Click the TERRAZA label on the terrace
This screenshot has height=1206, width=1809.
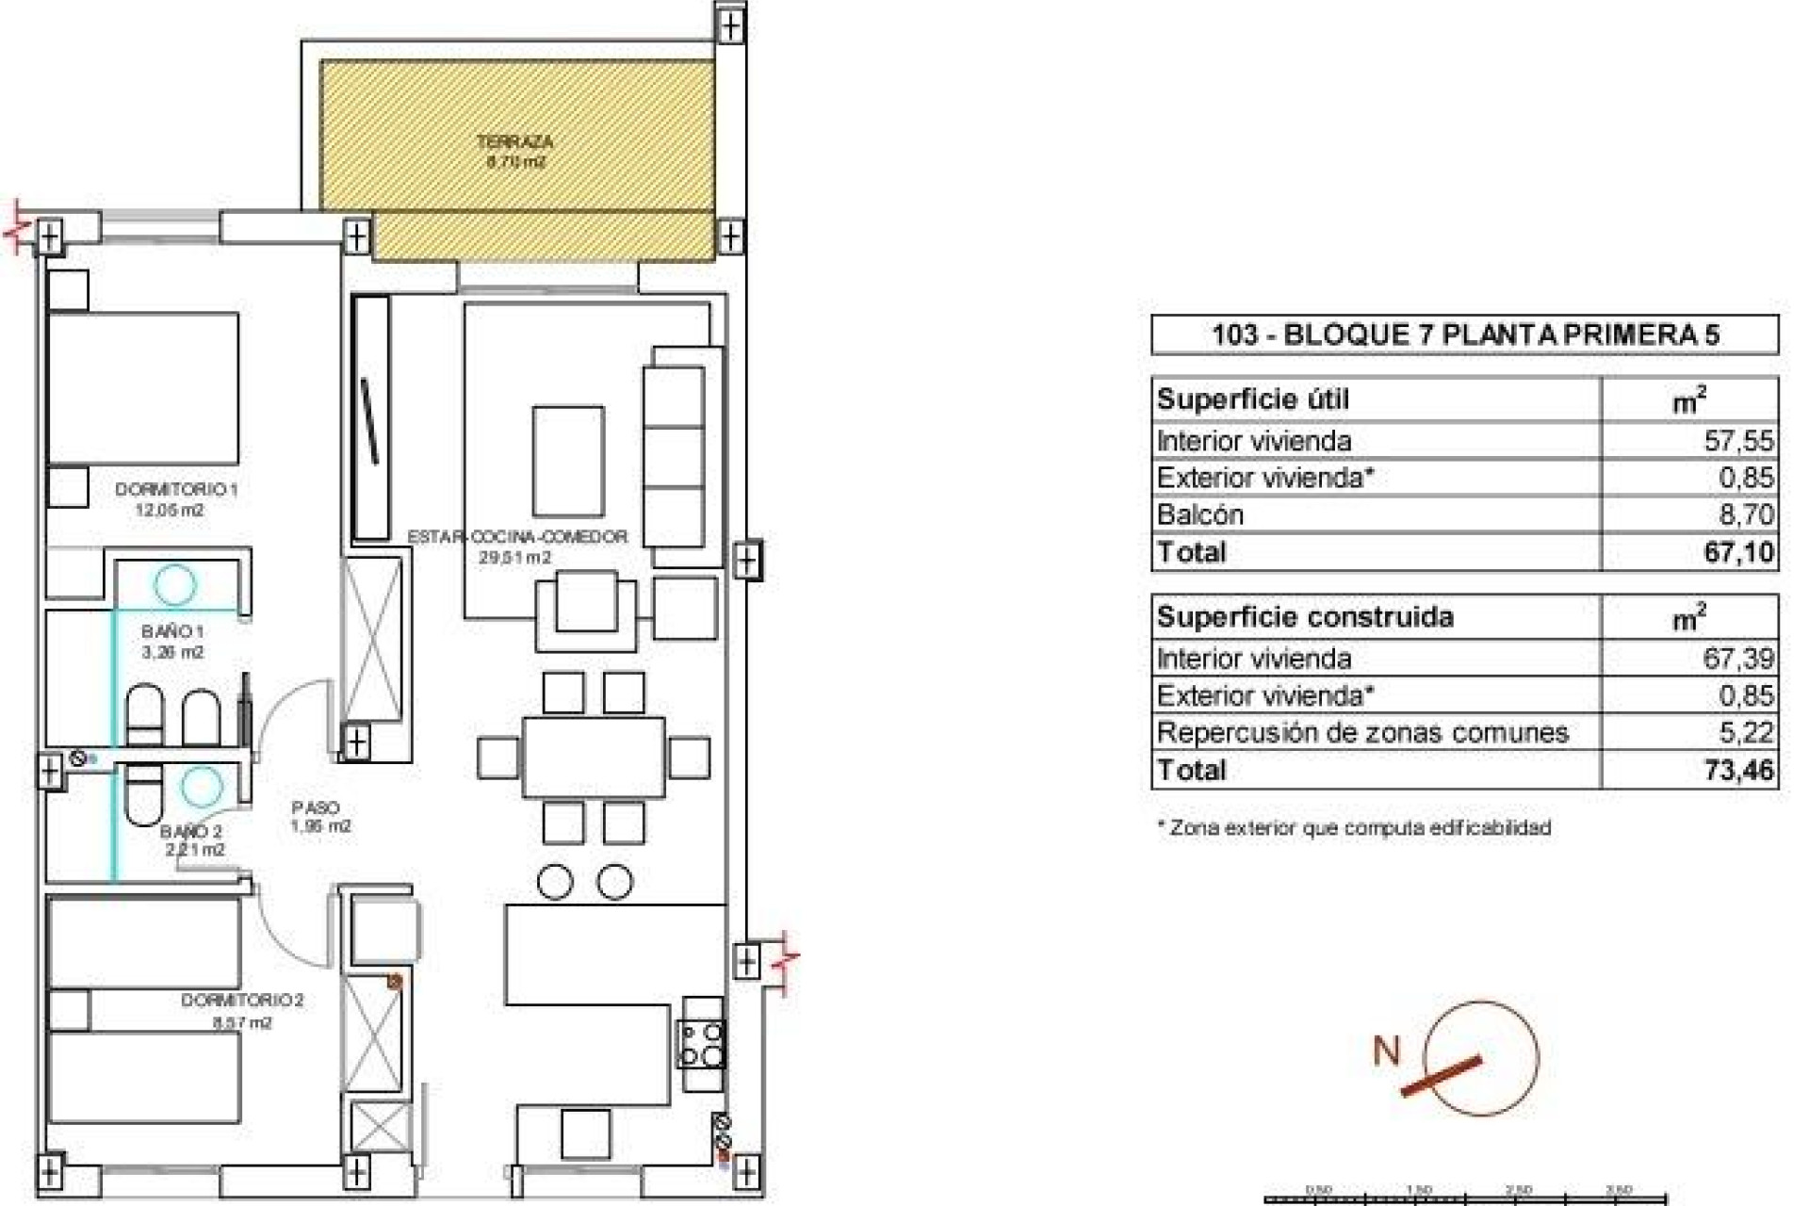[514, 142]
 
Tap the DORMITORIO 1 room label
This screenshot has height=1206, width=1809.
[176, 490]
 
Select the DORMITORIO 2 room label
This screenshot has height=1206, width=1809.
[242, 1001]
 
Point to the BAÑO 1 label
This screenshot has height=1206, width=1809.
[173, 631]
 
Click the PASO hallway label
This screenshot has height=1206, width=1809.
[316, 807]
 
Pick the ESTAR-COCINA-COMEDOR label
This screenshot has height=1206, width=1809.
[517, 537]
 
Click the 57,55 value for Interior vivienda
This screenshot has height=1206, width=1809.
[1738, 441]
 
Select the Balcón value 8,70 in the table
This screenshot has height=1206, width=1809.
[1745, 514]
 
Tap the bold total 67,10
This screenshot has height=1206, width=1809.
[1738, 552]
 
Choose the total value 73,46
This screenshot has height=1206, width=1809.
[1738, 770]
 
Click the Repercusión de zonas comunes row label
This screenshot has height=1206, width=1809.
[1362, 732]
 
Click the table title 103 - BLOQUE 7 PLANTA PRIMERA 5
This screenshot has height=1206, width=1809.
[1465, 334]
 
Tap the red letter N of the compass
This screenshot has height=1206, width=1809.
[1387, 1051]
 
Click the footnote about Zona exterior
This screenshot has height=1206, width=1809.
[1354, 828]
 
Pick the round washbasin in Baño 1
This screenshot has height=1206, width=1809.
[175, 584]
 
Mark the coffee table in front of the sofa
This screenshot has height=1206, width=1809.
[568, 462]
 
